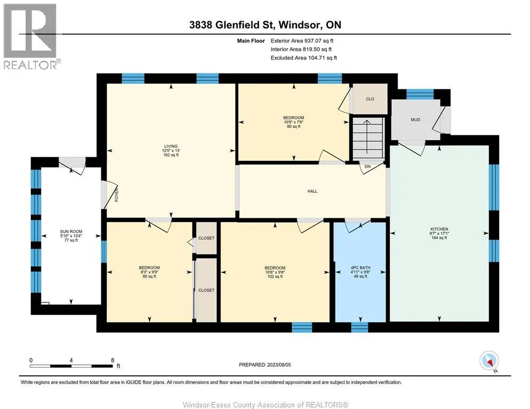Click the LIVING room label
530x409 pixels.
171,146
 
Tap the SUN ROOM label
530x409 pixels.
71,232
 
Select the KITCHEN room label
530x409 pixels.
439,229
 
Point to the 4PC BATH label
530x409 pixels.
360,267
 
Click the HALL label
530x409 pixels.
312,191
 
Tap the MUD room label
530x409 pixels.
415,120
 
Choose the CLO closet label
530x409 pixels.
370,99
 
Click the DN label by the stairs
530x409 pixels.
367,167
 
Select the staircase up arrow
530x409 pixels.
367,136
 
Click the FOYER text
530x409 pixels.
117,195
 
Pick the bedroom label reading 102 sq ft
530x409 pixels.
275,276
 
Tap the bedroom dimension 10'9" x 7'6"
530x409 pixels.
293,122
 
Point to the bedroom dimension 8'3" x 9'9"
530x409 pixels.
149,272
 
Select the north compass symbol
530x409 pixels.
489,361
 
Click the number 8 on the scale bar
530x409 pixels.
113,361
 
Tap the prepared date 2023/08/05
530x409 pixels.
279,365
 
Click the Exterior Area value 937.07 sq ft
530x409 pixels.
319,40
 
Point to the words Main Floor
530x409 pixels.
251,40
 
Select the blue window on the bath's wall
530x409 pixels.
359,328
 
